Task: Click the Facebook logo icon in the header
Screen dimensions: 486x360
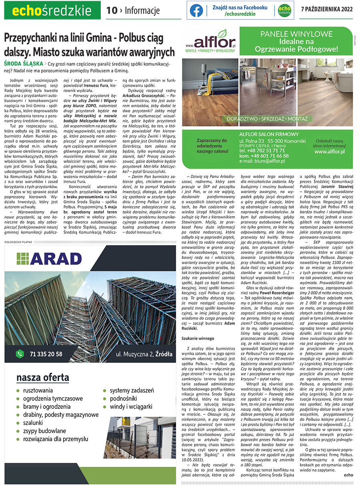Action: [x=196, y=10]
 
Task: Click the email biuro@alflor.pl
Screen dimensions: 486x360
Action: [x=262, y=161]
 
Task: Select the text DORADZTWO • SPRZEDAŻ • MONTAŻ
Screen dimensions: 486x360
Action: [x=267, y=119]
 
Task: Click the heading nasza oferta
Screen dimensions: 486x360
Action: [x=42, y=378]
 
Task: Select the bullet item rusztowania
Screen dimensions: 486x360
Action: [x=38, y=390]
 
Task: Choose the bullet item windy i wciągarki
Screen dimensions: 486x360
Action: [x=130, y=407]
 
